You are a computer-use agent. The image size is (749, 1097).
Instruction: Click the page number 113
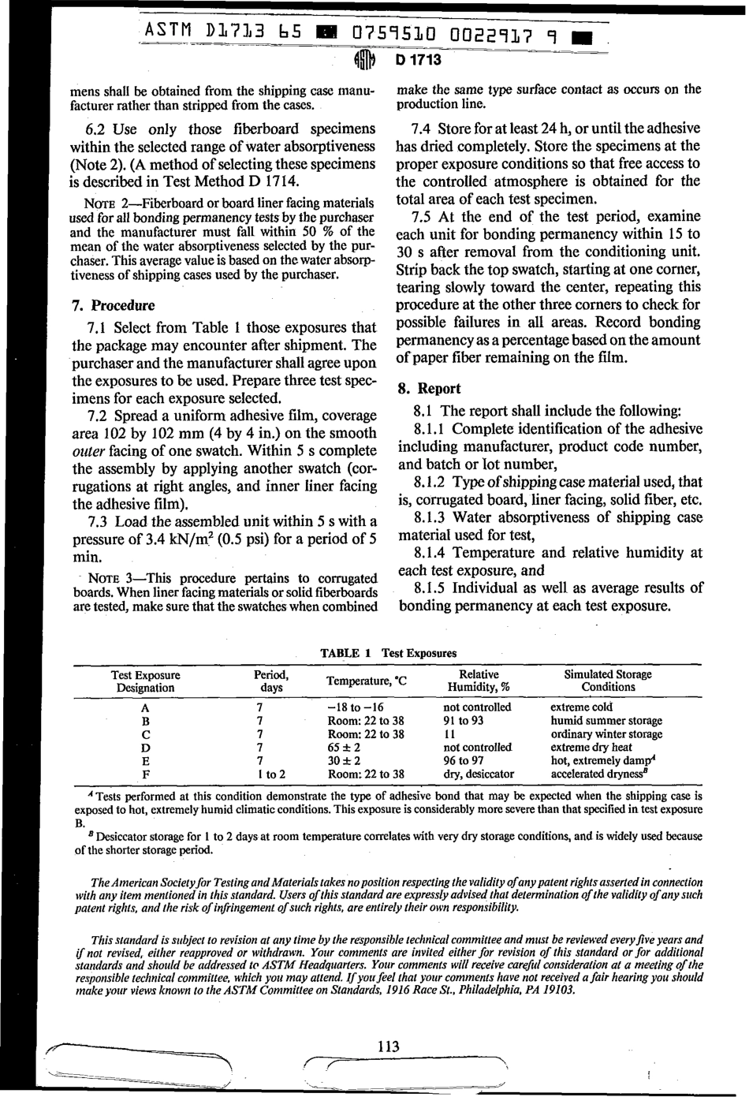click(x=388, y=1047)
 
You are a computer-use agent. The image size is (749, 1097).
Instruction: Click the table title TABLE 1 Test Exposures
click(x=388, y=653)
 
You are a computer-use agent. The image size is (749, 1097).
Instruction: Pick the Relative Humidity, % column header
click(x=479, y=681)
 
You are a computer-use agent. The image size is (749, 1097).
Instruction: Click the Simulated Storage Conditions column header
click(x=608, y=681)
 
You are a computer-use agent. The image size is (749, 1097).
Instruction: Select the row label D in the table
click(x=145, y=748)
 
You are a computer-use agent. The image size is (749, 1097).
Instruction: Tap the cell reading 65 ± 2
click(x=344, y=748)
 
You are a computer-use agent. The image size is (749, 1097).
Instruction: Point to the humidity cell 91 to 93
click(x=464, y=721)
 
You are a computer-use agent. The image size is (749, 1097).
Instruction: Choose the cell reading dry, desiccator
click(x=479, y=774)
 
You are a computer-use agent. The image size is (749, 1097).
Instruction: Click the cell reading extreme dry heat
click(x=591, y=748)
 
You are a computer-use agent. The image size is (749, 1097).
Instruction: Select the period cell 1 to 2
click(x=270, y=774)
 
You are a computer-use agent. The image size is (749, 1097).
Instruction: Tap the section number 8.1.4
click(x=431, y=553)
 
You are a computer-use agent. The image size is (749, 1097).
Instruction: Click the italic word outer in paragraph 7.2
click(x=88, y=451)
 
